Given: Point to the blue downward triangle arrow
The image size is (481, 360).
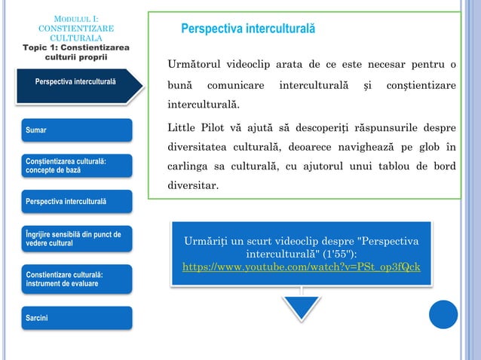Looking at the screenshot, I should coord(302,310).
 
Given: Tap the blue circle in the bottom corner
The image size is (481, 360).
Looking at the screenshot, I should coord(443,314).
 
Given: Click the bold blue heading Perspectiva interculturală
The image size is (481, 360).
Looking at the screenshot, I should coord(248,29).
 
